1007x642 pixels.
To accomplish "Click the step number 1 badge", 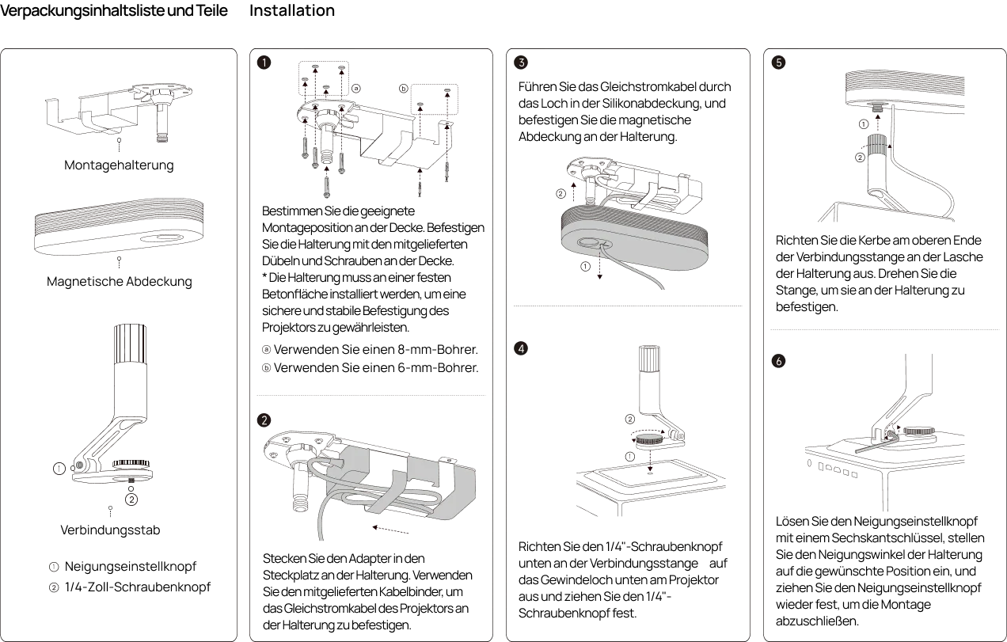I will click(x=265, y=63).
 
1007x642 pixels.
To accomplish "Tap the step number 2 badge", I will click(x=265, y=420).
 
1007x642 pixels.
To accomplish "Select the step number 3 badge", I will click(x=521, y=63).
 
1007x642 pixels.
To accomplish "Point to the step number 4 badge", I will click(x=521, y=348).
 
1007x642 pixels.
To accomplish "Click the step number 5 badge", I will click(x=779, y=63).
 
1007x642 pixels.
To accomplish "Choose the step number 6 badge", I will click(x=779, y=361).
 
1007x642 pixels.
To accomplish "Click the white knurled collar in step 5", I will click(x=877, y=145).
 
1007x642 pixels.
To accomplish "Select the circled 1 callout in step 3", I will click(x=585, y=267).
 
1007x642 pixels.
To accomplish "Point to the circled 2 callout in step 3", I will click(x=560, y=193).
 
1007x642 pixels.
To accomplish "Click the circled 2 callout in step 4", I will click(x=630, y=419).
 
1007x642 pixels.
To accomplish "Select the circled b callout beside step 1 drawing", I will click(x=404, y=89).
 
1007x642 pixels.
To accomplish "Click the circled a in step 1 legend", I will click(x=267, y=349).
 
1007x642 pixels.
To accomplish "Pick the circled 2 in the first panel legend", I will click(x=54, y=587).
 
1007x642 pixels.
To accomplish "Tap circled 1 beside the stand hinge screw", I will click(x=59, y=469).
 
